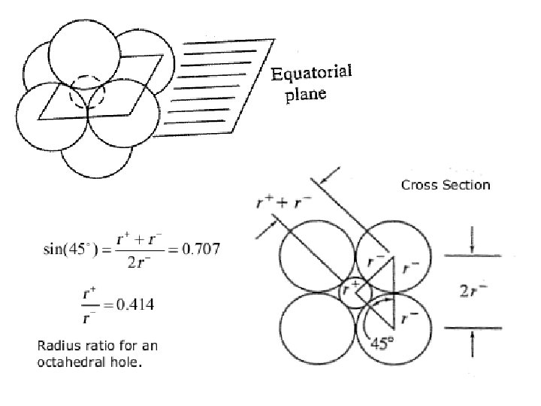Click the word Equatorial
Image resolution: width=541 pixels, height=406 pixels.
312,74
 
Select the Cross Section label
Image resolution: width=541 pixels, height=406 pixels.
446,185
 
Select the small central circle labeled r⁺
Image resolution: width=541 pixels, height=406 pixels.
352,290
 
